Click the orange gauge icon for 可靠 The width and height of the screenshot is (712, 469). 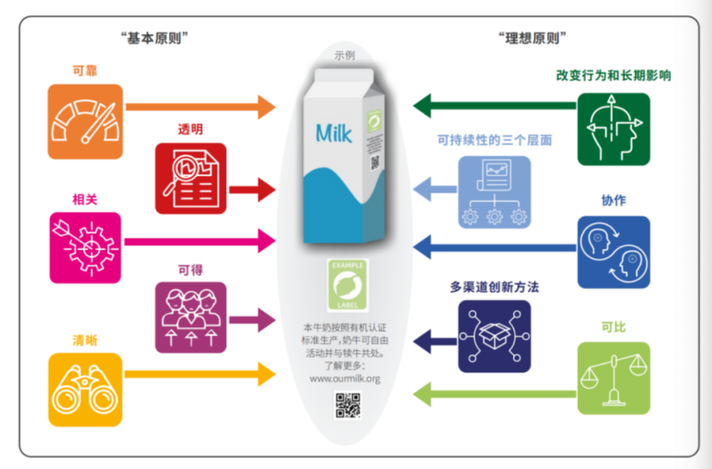pyautogui.click(x=86, y=122)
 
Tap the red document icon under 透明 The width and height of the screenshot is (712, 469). pyautogui.click(x=191, y=178)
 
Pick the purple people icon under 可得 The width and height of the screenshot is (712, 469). pyautogui.click(x=191, y=317)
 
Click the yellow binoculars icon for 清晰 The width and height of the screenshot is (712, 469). pyautogui.click(x=86, y=390)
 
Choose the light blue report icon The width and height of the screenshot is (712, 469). pyautogui.click(x=494, y=192)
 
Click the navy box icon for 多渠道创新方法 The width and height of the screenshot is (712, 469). pyautogui.click(x=494, y=337)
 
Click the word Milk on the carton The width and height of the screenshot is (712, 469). pyautogui.click(x=334, y=133)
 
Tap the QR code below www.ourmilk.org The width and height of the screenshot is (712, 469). pyautogui.click(x=347, y=406)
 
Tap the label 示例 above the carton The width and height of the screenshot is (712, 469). pyautogui.click(x=344, y=56)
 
